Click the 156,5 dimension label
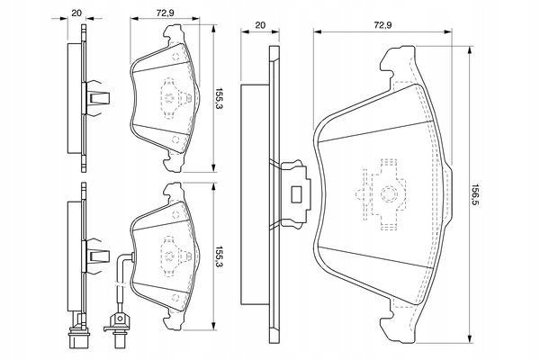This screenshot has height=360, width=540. tap(475, 194)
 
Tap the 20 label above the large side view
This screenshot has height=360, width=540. tap(260, 25)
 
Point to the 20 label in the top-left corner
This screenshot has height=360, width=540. tap(76, 13)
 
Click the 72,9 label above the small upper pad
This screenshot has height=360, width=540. tap(166, 13)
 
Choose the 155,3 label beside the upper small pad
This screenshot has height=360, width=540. tap(219, 98)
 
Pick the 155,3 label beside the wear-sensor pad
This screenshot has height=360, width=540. tap(219, 257)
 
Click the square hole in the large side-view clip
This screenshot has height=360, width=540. tap(296, 194)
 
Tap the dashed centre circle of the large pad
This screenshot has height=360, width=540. tap(389, 194)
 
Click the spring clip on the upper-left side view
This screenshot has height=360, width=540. tap(96, 98)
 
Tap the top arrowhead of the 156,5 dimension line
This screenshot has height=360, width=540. tap(469, 50)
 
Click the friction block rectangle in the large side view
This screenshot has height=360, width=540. tap(255, 194)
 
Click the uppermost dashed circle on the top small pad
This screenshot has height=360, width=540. tap(175, 57)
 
